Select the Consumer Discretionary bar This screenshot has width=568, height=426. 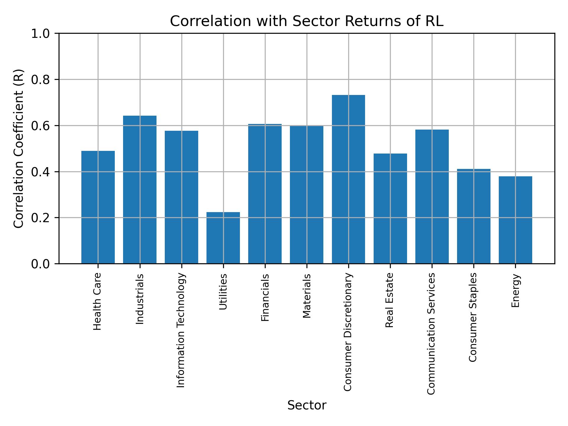coord(348,179)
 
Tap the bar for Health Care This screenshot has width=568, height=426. coord(98,207)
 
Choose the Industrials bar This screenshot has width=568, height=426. coord(140,189)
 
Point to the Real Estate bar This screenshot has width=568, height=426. coord(390,208)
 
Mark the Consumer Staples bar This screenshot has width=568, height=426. coord(474,216)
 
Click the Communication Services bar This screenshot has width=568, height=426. coord(432,196)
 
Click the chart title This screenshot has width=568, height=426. coord(306,21)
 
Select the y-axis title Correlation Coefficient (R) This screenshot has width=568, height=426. coord(18,149)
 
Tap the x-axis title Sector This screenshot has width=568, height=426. coord(306,405)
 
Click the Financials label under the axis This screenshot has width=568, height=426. coord(265,297)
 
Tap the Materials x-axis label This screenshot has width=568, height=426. coord(307,296)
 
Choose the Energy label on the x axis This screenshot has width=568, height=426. coord(515,291)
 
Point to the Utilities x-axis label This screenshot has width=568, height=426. coord(223,292)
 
